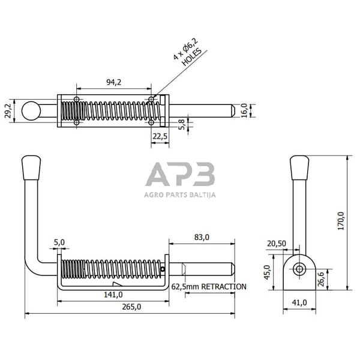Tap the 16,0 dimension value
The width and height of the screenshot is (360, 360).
[244, 111]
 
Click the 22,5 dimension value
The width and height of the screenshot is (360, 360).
[160, 137]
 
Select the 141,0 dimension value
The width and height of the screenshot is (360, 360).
[113, 294]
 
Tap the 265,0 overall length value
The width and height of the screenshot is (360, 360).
[131, 307]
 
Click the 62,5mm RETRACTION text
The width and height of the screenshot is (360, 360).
[209, 286]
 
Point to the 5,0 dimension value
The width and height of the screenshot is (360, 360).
[59, 243]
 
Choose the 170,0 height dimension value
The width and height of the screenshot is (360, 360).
[341, 221]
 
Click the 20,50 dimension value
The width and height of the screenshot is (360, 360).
[277, 243]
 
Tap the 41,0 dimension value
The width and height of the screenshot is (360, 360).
[298, 302]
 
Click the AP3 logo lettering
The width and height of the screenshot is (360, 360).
[180, 175]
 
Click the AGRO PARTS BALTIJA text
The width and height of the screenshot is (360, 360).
[180, 194]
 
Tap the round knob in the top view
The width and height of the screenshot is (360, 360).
[31, 110]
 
